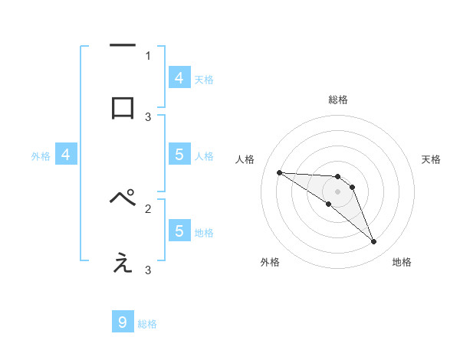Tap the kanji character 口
tap(123, 107)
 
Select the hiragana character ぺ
tap(123, 198)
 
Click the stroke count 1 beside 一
tap(148, 55)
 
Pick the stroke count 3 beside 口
tap(148, 116)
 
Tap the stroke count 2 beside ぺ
tap(148, 208)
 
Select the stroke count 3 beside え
tap(148, 270)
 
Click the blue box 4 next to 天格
tap(179, 77)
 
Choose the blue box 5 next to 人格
tap(179, 155)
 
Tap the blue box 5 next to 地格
tap(179, 231)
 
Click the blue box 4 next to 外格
tap(66, 155)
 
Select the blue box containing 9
tap(123, 322)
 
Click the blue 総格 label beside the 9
tap(147, 324)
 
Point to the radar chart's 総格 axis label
tap(337, 100)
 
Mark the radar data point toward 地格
tap(374, 242)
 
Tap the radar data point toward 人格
tap(279, 172)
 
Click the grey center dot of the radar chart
tap(337, 191)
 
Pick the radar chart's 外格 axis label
tap(270, 262)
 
